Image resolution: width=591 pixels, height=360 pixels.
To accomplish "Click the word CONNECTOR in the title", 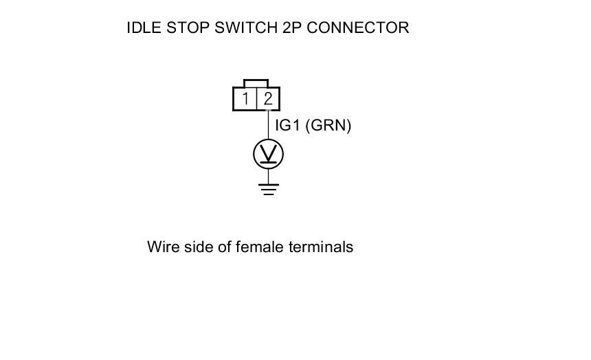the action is pyautogui.click(x=359, y=28).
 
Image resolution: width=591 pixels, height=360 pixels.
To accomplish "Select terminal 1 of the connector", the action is pyautogui.click(x=245, y=99).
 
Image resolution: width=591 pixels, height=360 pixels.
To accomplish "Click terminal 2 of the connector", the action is pyautogui.click(x=268, y=99).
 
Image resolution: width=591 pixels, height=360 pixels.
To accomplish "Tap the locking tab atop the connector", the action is pyautogui.click(x=256, y=83).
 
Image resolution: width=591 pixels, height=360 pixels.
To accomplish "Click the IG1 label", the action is pyautogui.click(x=287, y=126).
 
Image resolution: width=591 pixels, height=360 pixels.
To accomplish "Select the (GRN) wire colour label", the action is pyautogui.click(x=328, y=126).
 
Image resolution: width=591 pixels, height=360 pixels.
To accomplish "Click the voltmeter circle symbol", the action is pyautogui.click(x=268, y=155).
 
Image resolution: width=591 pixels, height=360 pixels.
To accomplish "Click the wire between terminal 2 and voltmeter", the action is pyautogui.click(x=268, y=125).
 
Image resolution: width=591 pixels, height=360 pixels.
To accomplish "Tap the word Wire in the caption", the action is pyautogui.click(x=163, y=247).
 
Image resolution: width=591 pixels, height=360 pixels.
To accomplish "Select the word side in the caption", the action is pyautogui.click(x=199, y=247).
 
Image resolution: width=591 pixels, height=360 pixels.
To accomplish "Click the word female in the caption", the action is pyautogui.click(x=258, y=247).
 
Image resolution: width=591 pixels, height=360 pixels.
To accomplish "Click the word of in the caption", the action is pyautogui.click(x=225, y=247).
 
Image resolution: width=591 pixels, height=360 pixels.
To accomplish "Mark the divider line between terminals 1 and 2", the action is pyautogui.click(x=256, y=99).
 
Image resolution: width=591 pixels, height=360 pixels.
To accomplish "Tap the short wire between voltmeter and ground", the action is pyautogui.click(x=268, y=176).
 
